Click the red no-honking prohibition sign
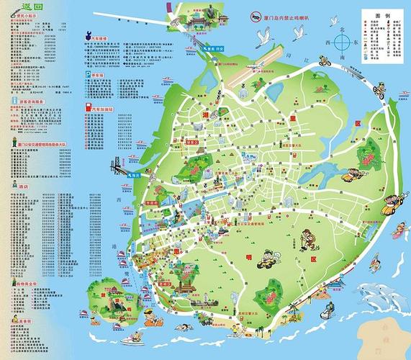click(x=256, y=15)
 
